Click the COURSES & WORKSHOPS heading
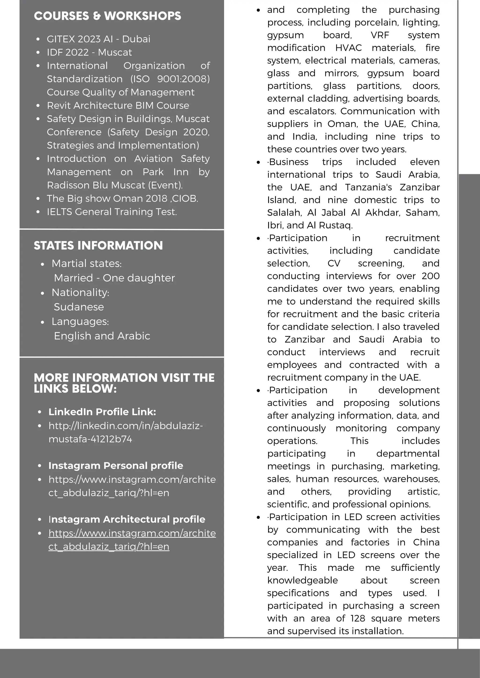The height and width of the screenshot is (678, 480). coord(107,16)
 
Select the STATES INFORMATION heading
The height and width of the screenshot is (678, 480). coord(98,245)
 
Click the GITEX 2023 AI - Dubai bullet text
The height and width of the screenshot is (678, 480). coord(98,39)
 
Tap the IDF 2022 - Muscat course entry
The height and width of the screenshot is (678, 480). coord(89,52)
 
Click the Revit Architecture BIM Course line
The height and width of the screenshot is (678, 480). coord(118,105)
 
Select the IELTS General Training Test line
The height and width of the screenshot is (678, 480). coord(112,212)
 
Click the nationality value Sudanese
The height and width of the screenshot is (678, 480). coord(79,307)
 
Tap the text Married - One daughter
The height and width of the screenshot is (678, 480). coord(114,278)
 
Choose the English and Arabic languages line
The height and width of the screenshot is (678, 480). coord(102,336)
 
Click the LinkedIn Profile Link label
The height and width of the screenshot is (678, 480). coord(102,412)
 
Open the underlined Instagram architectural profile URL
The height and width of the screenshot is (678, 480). coord(132,533)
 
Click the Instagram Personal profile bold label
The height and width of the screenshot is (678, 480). coord(116,465)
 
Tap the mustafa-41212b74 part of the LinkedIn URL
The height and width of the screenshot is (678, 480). coord(90,439)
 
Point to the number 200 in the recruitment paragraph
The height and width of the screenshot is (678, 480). coord(430,276)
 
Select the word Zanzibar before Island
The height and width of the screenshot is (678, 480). coord(420,187)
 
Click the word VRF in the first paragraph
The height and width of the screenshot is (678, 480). coord(379,35)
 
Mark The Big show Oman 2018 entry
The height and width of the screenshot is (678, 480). coord(122,199)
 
